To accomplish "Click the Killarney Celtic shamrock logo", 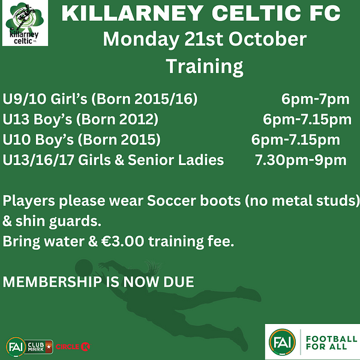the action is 25,23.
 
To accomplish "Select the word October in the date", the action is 268,39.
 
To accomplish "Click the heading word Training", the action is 205,67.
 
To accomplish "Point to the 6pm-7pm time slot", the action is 315,100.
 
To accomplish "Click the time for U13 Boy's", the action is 307,119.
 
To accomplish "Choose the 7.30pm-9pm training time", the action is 301,160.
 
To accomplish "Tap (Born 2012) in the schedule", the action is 117,119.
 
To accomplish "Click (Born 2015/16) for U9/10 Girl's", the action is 145,99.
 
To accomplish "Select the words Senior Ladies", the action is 176,160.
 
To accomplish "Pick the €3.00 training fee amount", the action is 123,241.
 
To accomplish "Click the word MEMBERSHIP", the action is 52,282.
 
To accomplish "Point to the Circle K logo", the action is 73,346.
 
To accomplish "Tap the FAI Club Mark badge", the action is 29,347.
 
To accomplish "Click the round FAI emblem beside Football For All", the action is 282,342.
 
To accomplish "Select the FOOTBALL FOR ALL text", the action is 331,343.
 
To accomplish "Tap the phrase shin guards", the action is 58,221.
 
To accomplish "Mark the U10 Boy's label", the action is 38,140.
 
